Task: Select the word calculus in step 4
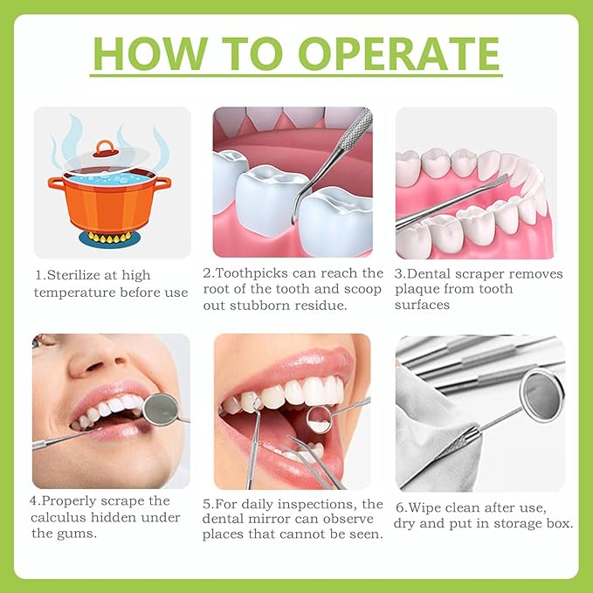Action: [x=63, y=518]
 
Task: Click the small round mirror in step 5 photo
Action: [x=319, y=418]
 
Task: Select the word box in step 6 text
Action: [x=561, y=524]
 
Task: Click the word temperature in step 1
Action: [x=75, y=292]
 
